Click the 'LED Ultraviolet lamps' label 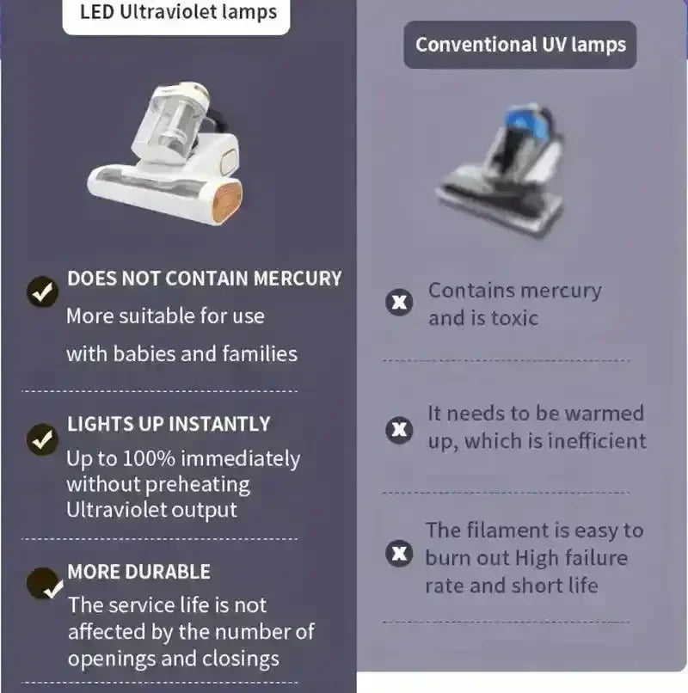178,12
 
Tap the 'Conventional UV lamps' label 520,45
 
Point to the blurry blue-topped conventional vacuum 501,171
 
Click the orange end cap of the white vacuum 227,203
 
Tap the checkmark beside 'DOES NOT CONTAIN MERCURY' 42,291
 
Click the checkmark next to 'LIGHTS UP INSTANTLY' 42,439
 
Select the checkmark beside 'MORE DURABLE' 44,584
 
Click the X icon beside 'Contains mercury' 399,303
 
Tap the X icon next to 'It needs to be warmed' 399,430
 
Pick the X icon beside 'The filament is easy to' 399,554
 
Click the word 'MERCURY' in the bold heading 298,279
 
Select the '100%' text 149,459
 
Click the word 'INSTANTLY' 219,424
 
